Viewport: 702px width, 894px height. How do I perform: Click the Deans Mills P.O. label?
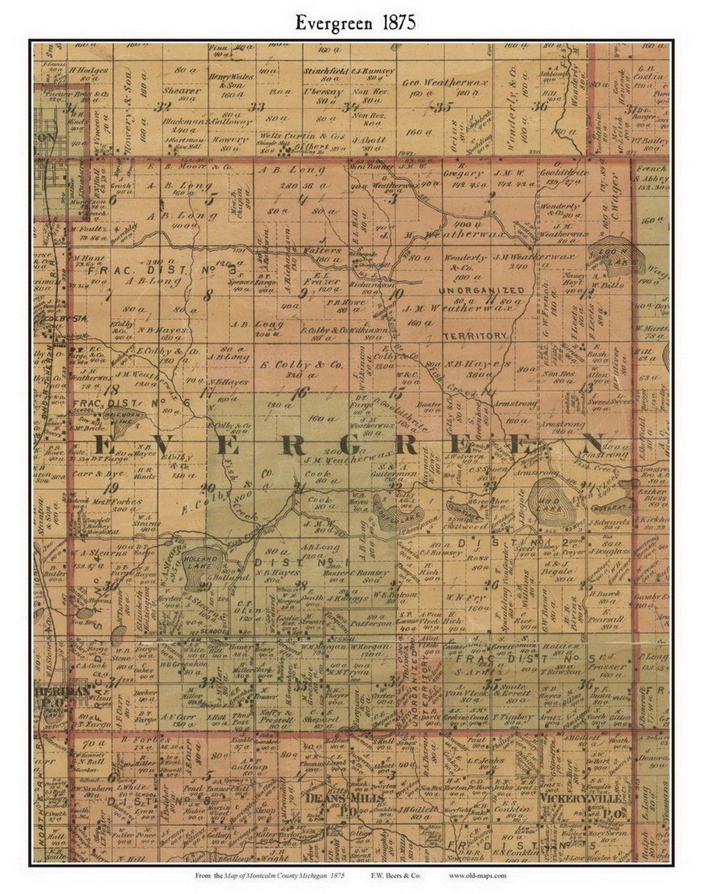pyautogui.click(x=333, y=803)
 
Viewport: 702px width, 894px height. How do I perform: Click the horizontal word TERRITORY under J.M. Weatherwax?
pyautogui.click(x=474, y=336)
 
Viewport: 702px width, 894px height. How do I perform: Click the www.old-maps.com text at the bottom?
pyautogui.click(x=477, y=875)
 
